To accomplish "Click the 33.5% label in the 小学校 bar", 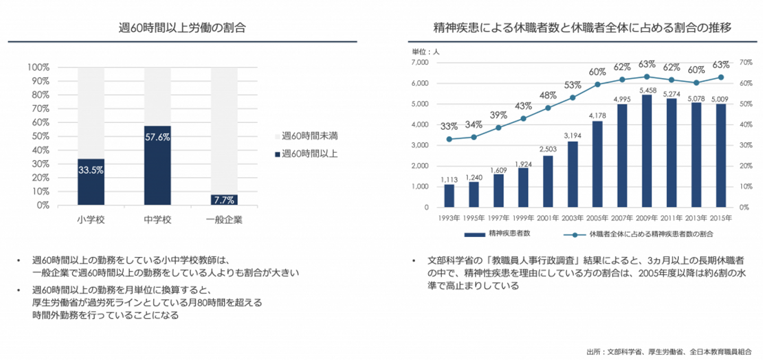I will pos(91,171).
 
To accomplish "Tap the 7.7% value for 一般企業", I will pos(224,200).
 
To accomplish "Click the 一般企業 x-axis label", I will pos(224,219).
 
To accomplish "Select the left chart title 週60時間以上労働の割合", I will pos(182,28).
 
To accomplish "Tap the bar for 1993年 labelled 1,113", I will pos(449,196).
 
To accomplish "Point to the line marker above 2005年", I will pos(597,84).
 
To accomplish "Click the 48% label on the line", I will pos(548,95).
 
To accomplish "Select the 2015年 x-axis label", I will pos(721,218).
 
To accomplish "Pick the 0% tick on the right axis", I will pos(744,207).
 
